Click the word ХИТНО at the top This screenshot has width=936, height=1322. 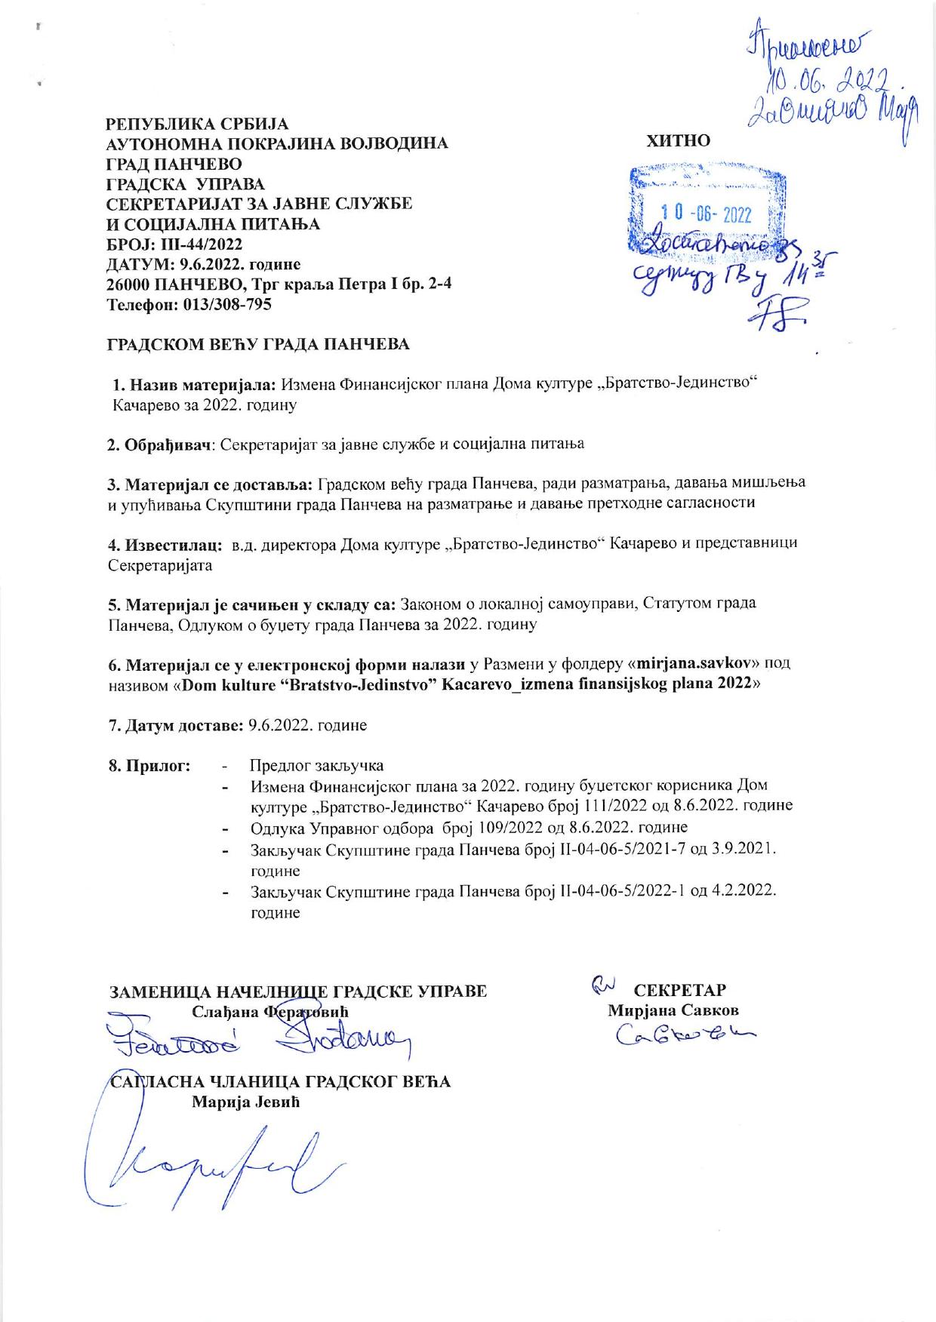679,140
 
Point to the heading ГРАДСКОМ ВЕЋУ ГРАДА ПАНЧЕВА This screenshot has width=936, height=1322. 257,345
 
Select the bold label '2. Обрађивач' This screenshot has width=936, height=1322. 158,444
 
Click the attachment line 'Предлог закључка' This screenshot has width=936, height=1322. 317,766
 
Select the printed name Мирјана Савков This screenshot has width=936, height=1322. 673,1010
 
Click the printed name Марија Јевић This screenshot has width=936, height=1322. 246,1102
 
